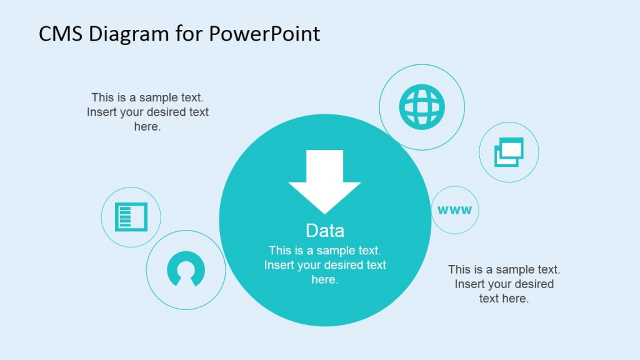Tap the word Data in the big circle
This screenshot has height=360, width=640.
325,231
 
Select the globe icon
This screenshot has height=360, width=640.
422,107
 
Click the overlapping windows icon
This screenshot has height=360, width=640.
509,152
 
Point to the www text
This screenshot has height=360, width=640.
455,210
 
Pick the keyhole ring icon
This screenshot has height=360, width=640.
186,270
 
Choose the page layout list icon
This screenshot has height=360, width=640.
131,217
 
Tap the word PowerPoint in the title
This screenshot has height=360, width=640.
264,34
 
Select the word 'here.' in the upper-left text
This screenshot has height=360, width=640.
147,126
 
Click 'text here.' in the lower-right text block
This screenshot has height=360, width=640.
504,298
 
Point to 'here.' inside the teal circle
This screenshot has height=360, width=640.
324,279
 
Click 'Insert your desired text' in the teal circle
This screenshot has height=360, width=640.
325,265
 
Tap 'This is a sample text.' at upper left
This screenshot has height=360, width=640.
147,97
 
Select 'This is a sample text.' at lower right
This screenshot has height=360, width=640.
504,269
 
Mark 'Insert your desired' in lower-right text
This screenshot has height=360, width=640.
504,284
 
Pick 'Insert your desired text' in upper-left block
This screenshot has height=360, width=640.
147,112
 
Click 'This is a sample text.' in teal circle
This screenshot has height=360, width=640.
325,251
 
